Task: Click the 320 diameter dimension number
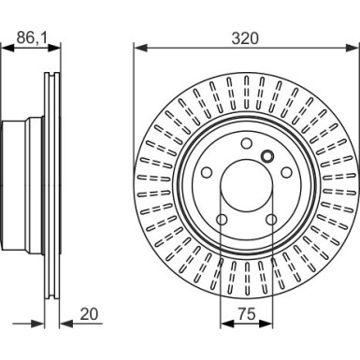[x=245, y=38]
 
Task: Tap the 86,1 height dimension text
[x=32, y=38]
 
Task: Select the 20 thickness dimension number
[x=89, y=314]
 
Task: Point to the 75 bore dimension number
[x=247, y=314]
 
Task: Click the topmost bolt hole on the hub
[x=247, y=144]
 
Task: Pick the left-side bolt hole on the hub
[x=207, y=172]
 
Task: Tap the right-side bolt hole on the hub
[x=286, y=172]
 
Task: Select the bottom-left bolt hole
[x=222, y=220]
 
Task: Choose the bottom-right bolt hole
[x=271, y=220]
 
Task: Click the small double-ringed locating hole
[x=267, y=155]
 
